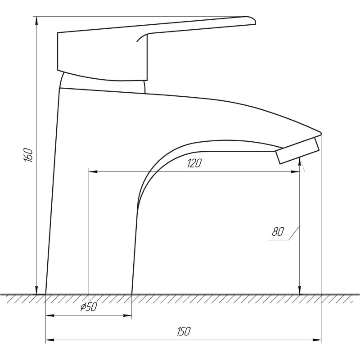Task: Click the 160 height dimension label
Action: click(x=28, y=155)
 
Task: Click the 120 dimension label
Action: click(x=194, y=163)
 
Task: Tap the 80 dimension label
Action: click(x=278, y=231)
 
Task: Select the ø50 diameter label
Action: click(x=89, y=307)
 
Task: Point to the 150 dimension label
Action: click(x=184, y=331)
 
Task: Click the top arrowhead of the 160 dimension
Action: click(x=36, y=21)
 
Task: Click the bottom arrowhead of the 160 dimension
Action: click(x=36, y=290)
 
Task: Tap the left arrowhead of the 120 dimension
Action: click(x=93, y=171)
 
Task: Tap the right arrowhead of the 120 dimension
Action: click(x=295, y=171)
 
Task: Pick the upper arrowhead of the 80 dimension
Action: click(x=300, y=162)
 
